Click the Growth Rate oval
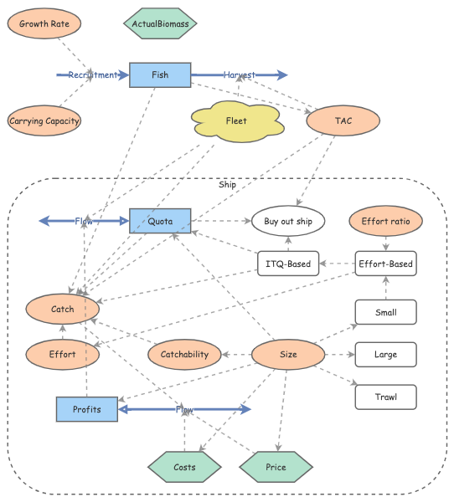44,24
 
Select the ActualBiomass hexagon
160,24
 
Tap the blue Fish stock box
160,74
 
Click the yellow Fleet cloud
236,121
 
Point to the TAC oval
343,121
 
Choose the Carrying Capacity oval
44,121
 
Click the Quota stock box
160,221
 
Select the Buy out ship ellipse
288,221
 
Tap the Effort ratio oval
385,221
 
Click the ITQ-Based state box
288,264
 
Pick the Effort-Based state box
385,264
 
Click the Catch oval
63,309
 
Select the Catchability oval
184,355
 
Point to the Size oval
288,355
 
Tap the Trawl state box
385,397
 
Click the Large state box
385,355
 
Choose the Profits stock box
87,409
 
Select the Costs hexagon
184,466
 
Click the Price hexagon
276,466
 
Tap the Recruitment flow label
93,75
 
